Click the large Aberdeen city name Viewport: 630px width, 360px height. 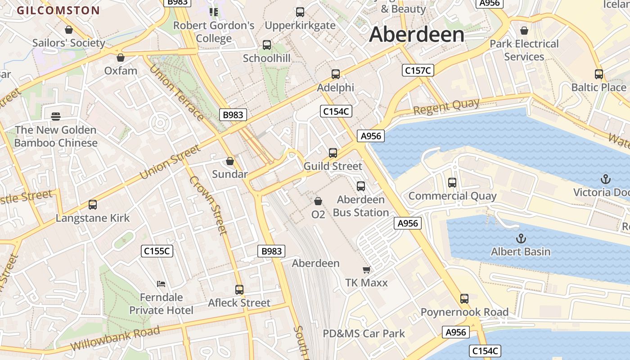point(416,35)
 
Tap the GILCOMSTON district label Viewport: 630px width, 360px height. point(58,10)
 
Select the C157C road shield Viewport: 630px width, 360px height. point(418,70)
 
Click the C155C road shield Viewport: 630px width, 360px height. point(157,251)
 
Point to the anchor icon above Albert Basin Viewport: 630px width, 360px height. point(521,238)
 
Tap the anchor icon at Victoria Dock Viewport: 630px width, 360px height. point(606,179)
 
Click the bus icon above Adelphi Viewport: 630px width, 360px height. point(336,74)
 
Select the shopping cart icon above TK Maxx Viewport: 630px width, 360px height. point(366,270)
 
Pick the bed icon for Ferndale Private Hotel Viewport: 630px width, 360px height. point(161,283)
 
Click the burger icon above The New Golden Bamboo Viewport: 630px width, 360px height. point(56,117)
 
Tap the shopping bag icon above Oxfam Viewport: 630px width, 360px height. point(121,58)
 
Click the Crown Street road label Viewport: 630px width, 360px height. point(208,205)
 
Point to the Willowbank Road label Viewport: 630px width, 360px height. point(115,339)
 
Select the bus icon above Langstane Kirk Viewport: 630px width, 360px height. point(93,205)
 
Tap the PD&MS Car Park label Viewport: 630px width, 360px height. point(364,333)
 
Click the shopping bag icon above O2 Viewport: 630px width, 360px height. point(318,201)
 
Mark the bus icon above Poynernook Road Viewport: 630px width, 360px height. point(464,298)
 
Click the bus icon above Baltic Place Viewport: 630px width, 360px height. point(599,74)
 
